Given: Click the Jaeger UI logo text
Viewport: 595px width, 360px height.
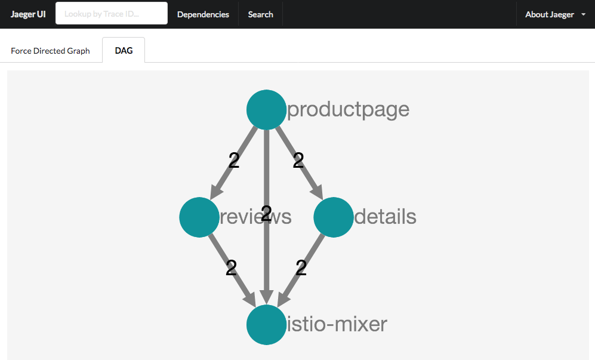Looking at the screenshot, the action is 28,14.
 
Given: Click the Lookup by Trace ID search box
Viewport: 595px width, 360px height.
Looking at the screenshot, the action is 112,13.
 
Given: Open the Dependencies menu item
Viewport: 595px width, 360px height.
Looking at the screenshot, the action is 203,14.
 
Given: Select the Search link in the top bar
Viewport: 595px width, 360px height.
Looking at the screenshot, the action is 261,14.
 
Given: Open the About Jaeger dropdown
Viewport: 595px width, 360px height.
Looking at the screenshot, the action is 555,14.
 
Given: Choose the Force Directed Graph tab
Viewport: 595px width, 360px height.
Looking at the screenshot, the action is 51,51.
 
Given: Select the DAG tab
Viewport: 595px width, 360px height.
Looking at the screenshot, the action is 124,51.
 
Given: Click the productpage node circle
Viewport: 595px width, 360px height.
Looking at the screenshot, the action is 266,110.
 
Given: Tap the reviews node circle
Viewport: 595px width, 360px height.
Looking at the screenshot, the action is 199,217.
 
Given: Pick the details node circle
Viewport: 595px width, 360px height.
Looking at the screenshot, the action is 334,217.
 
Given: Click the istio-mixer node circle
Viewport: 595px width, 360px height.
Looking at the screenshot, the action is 266,325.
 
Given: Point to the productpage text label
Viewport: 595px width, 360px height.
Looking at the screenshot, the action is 349,110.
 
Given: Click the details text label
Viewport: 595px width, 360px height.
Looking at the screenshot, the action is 385,217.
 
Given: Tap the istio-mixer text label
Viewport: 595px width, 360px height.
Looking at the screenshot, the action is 337,324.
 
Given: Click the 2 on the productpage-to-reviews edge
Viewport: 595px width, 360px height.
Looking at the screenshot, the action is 234,160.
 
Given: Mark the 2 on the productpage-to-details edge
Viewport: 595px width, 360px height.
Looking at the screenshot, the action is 298,160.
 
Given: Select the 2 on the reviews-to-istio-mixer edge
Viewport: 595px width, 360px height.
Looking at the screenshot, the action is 231,267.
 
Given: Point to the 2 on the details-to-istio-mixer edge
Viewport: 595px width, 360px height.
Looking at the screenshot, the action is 301,267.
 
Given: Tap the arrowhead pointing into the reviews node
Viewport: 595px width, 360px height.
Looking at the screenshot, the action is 216,191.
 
